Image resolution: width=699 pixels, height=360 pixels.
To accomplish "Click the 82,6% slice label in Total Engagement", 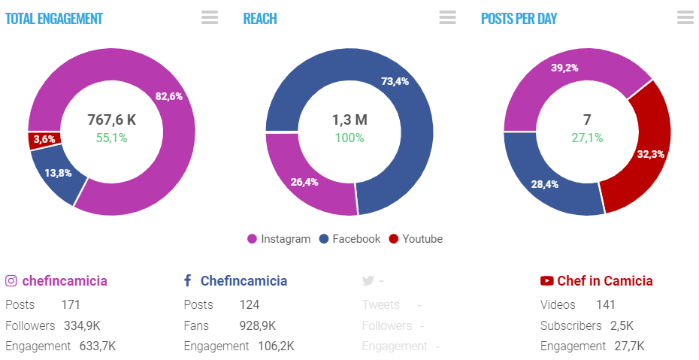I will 169,96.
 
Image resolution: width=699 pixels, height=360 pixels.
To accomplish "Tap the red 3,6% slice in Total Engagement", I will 44,140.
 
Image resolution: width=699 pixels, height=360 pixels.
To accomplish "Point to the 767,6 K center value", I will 111,119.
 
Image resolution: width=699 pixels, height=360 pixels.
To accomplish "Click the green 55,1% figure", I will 111,138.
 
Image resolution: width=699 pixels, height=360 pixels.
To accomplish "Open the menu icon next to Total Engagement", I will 210,18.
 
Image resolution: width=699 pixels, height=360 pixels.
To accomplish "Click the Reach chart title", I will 260,19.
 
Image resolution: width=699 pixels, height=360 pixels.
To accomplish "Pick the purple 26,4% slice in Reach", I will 304,181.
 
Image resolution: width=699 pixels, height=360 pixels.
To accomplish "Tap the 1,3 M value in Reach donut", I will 349,119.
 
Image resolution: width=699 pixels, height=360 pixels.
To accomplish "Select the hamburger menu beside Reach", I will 447,18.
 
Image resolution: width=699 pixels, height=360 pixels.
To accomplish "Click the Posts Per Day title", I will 519,19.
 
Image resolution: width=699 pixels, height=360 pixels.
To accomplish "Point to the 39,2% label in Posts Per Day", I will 564,68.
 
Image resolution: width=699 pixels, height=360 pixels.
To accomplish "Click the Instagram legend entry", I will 279,239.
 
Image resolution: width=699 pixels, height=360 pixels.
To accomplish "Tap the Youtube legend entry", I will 416,239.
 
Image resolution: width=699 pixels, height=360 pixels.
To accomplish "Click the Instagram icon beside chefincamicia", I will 11,281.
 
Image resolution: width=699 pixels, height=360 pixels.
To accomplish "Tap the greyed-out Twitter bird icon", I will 368,281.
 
